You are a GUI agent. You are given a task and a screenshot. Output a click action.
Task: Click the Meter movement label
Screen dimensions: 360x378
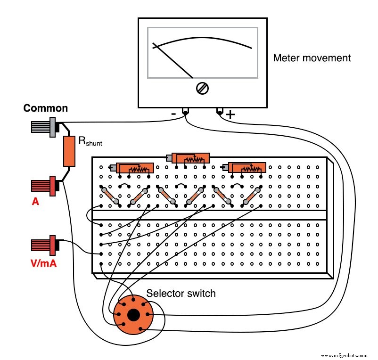coord(312,58)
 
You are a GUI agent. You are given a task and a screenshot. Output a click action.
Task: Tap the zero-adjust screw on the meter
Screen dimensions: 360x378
coord(203,88)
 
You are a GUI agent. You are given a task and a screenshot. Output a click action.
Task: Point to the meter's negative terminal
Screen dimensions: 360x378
coord(186,112)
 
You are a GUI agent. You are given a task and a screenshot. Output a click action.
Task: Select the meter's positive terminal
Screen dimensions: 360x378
coord(220,112)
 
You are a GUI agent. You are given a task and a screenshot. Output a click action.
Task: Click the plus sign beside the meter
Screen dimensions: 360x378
coord(230,115)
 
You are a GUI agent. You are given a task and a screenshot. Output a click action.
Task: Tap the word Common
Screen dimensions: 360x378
coord(46,108)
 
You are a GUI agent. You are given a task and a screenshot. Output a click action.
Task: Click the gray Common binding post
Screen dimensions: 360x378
coord(44,127)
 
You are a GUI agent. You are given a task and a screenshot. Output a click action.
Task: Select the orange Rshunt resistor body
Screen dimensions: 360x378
coord(69,151)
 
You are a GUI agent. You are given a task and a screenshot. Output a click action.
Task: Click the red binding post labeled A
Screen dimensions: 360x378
coord(44,186)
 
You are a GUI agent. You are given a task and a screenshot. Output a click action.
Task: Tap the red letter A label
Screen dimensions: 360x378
coord(35,202)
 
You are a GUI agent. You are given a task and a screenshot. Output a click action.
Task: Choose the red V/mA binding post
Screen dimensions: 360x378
coord(44,245)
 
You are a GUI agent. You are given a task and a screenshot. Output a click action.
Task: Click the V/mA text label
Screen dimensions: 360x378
coord(43,263)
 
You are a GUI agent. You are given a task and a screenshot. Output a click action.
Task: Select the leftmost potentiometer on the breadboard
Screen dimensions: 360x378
coord(134,168)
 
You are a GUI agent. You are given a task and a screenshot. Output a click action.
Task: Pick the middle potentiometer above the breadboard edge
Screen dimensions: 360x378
coord(190,158)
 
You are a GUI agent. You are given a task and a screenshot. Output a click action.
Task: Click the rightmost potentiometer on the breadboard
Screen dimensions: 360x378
coord(246,168)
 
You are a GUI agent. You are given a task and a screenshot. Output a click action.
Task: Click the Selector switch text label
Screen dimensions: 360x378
coord(181,294)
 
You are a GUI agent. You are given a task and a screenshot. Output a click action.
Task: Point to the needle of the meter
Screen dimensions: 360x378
coord(173,61)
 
